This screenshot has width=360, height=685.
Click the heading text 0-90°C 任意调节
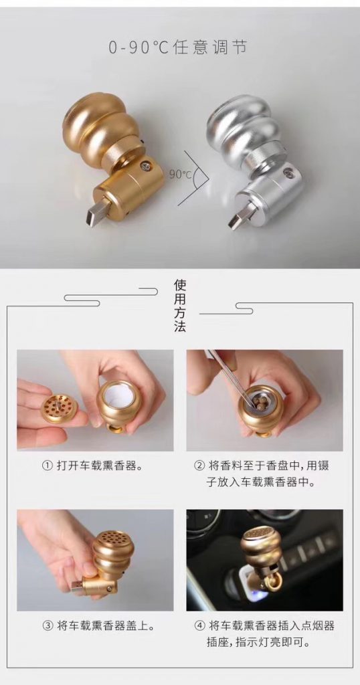178,47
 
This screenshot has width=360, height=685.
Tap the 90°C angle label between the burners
181,175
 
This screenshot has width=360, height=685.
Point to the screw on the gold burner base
143,165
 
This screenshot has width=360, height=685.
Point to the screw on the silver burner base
287,173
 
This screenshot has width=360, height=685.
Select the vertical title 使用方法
180,306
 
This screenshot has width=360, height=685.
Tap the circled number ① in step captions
47,466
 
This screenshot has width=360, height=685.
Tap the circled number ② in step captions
199,466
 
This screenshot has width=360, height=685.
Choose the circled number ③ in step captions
47,625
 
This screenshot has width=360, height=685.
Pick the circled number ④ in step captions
199,625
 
